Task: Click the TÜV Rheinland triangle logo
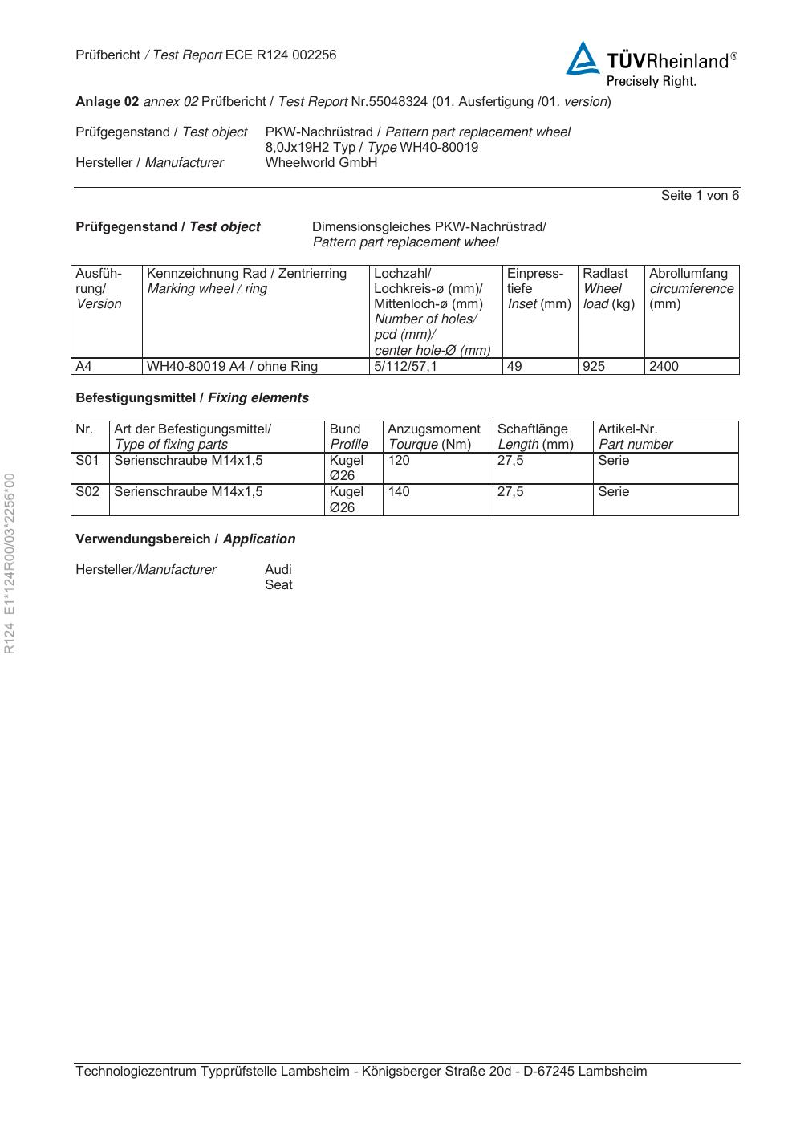click(x=583, y=59)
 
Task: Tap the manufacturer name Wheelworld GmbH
click(x=321, y=163)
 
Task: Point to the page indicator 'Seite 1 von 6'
click(x=700, y=196)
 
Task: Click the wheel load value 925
click(x=595, y=367)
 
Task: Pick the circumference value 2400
click(x=664, y=367)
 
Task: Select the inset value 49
click(x=514, y=367)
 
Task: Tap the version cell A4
click(x=83, y=367)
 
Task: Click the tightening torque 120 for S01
click(x=399, y=461)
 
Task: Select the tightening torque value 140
click(x=399, y=492)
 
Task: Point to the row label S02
click(x=87, y=492)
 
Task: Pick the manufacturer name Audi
click(x=278, y=570)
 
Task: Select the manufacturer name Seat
click(x=278, y=585)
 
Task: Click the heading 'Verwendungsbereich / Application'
click(x=185, y=539)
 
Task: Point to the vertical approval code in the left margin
click(x=10, y=563)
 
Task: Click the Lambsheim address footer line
click(x=361, y=1072)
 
